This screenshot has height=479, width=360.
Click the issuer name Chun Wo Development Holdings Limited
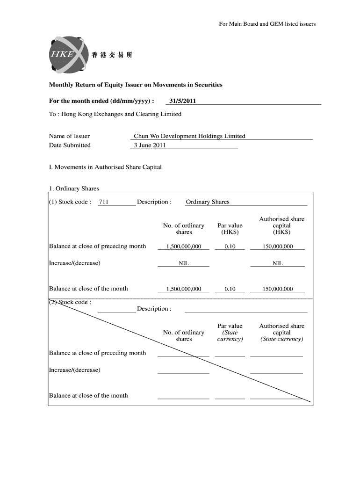click(189, 136)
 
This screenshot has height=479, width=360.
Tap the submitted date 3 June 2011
click(150, 145)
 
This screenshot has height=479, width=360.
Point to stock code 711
click(104, 202)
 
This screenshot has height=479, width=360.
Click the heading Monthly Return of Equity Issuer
click(136, 85)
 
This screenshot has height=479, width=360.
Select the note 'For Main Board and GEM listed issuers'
click(267, 24)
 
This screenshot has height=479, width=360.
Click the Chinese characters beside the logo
click(112, 55)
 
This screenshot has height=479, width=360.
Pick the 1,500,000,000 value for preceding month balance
click(183, 247)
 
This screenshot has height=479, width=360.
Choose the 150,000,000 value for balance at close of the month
click(277, 289)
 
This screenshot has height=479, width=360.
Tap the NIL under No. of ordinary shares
click(183, 263)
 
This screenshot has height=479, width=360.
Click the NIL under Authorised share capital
click(277, 263)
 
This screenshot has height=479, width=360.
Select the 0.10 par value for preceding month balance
click(230, 247)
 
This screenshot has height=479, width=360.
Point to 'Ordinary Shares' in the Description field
click(208, 202)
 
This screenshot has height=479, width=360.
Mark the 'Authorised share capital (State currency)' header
click(281, 333)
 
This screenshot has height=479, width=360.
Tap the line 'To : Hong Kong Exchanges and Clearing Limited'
click(115, 114)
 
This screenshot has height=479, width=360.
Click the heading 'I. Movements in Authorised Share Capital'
click(105, 167)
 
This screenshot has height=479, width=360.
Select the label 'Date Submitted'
click(70, 145)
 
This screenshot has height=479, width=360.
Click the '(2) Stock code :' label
click(70, 302)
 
